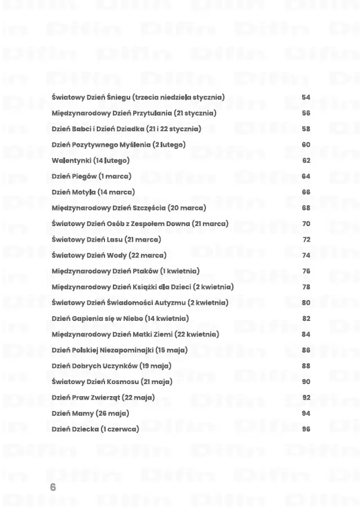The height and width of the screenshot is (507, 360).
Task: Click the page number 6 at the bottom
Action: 53,487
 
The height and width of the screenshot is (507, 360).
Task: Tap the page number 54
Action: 306,97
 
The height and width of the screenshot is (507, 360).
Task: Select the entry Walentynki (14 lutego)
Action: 90,160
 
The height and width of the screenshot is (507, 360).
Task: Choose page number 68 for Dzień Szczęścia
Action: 306,208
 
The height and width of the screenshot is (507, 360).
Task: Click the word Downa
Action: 177,224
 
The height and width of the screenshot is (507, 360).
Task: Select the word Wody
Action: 116,255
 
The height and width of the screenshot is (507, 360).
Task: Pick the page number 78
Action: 306,287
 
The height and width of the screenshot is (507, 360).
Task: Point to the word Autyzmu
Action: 170,303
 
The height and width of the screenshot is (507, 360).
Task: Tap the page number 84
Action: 306,335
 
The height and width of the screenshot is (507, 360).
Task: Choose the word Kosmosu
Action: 124,382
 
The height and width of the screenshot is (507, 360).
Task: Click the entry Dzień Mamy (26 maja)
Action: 90,413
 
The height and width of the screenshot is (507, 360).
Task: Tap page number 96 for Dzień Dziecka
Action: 306,429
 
